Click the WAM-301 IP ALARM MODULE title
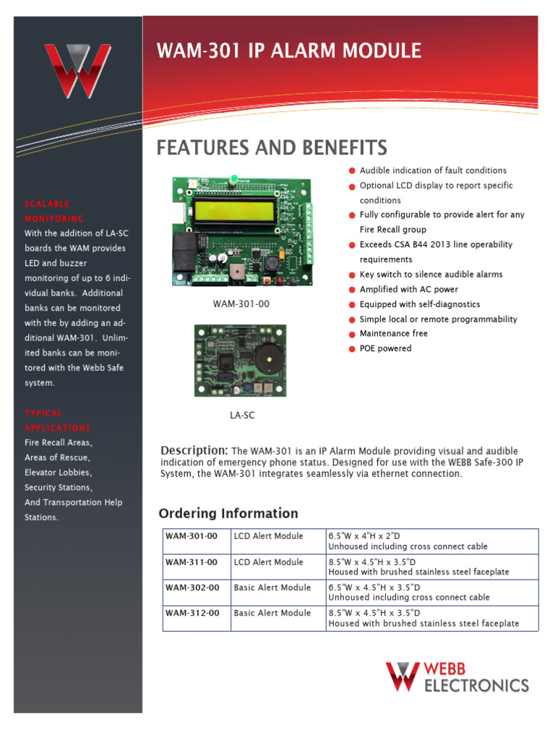(289, 51)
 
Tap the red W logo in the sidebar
(77, 71)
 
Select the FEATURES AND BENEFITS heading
(272, 148)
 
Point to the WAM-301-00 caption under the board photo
(241, 304)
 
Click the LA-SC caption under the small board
(242, 416)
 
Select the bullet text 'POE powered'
(385, 348)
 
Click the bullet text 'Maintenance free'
(393, 333)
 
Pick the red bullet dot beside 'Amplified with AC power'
(352, 290)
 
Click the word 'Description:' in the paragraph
(194, 450)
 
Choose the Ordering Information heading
(228, 514)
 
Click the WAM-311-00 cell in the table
(192, 562)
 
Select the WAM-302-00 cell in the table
(192, 588)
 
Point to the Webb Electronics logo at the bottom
(457, 677)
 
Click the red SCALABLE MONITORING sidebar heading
(54, 211)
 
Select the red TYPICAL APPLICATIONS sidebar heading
(57, 421)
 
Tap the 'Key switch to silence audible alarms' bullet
(431, 275)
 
